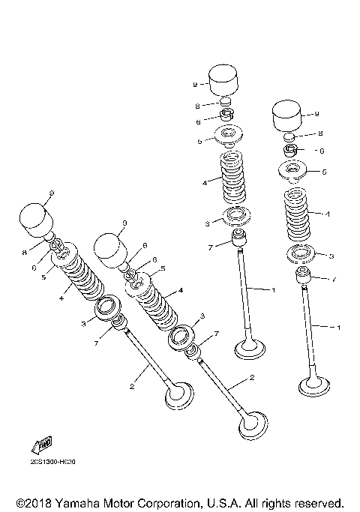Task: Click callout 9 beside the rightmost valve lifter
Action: [x=316, y=114]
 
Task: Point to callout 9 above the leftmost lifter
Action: [x=51, y=194]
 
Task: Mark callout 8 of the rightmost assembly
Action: [x=320, y=132]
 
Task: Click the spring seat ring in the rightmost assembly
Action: [x=300, y=252]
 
